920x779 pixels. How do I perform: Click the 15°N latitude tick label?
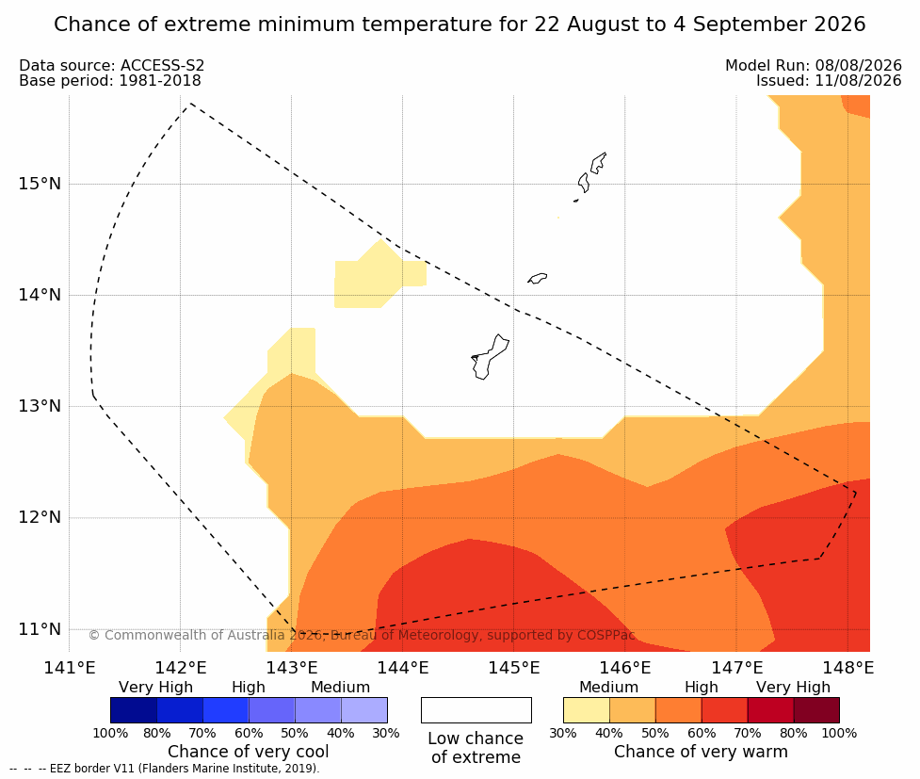click(x=40, y=184)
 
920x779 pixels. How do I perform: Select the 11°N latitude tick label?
click(x=40, y=629)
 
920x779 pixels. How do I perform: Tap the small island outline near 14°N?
click(x=537, y=278)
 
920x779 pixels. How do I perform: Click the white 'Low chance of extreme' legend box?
click(x=476, y=710)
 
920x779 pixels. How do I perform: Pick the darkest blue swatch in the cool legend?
click(x=134, y=710)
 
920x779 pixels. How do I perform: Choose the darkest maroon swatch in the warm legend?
click(x=816, y=710)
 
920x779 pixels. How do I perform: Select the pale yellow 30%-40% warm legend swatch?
click(x=586, y=710)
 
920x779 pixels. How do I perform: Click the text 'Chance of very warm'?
click(x=701, y=752)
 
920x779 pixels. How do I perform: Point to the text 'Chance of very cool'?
click(x=249, y=752)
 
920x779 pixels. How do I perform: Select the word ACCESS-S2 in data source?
click(x=163, y=66)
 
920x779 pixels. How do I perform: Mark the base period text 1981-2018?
click(x=159, y=81)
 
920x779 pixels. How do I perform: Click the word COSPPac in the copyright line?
click(x=606, y=635)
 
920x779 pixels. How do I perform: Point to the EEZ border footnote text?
click(x=164, y=769)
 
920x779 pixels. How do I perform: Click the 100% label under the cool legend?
click(x=110, y=733)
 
